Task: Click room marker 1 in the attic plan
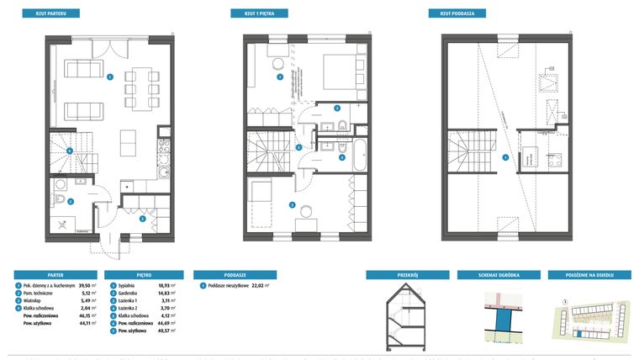click(504, 157)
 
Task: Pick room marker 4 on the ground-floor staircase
click(70, 151)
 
